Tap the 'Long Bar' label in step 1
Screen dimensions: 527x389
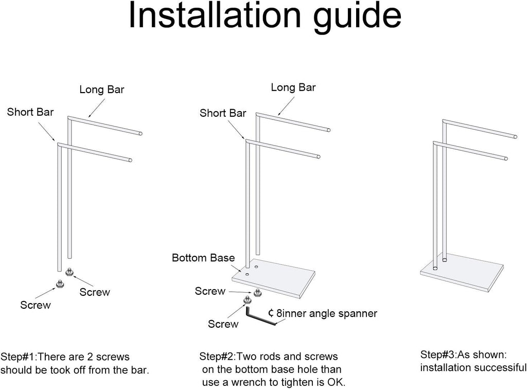coord(102,90)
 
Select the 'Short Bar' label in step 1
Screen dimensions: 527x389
coord(30,112)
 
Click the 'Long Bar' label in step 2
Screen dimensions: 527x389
coord(293,87)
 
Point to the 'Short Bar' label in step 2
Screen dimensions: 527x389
coord(223,113)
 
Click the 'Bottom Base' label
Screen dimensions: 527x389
coord(203,258)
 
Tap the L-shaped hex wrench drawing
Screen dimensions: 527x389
coord(261,316)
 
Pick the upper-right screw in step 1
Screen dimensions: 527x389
coord(69,272)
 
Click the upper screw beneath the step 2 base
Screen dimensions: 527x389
coord(258,293)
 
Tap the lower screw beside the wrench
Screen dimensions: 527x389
coord(248,299)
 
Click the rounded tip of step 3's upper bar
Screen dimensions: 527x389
coord(515,136)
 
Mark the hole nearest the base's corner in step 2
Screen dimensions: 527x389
coord(248,274)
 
